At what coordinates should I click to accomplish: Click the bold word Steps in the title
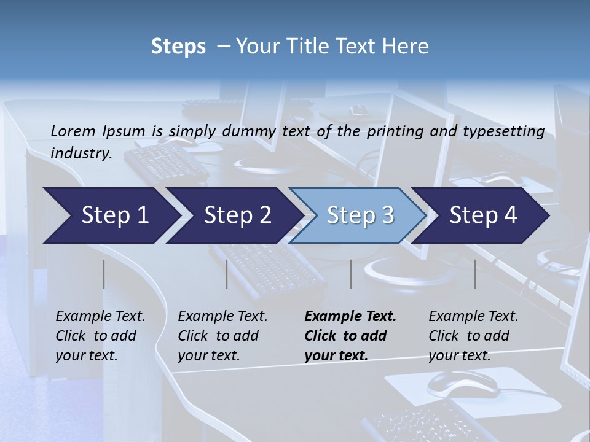[178, 46]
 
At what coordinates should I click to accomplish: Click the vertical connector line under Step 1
[104, 274]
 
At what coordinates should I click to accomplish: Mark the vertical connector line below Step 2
[227, 274]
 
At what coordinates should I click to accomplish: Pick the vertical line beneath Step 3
[350, 274]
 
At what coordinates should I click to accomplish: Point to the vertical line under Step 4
[475, 274]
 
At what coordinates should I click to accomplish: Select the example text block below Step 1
[100, 336]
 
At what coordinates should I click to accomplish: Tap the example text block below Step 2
[222, 336]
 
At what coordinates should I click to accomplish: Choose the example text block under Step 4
[473, 336]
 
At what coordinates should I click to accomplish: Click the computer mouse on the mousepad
[462, 383]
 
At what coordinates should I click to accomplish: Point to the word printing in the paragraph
[396, 131]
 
